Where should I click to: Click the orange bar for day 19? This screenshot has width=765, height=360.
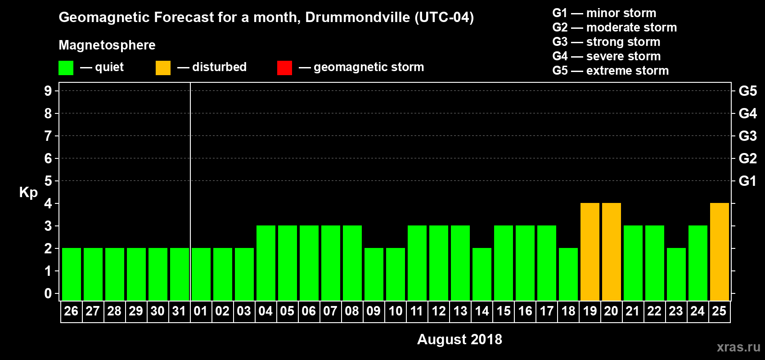[x=589, y=252]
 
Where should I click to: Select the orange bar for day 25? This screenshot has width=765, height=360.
[x=719, y=252]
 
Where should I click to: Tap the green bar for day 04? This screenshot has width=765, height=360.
[x=265, y=263]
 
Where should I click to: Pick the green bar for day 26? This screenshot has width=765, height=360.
[x=71, y=274]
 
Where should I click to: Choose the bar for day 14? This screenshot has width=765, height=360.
[x=481, y=274]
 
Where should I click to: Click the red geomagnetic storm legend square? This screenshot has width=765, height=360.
[x=284, y=68]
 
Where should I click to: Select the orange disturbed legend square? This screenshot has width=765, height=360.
[x=163, y=68]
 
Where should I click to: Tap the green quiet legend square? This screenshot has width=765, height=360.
[x=66, y=68]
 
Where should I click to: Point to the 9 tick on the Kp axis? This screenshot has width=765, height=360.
[x=48, y=91]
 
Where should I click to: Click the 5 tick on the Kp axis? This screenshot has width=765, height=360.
[x=48, y=181]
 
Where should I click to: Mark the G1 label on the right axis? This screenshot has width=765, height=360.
[x=747, y=181]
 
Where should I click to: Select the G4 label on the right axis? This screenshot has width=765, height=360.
[x=747, y=113]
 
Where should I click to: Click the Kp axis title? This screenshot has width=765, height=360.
[x=28, y=193]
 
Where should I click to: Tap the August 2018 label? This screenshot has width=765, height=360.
[x=459, y=339]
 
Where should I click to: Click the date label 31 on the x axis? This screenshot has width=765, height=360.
[x=179, y=311]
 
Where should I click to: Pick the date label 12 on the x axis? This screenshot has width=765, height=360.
[x=438, y=311]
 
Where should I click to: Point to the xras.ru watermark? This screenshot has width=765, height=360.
[x=738, y=347]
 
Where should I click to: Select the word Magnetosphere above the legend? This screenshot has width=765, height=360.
[x=107, y=45]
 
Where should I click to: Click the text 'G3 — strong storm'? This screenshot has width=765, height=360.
[x=606, y=42]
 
